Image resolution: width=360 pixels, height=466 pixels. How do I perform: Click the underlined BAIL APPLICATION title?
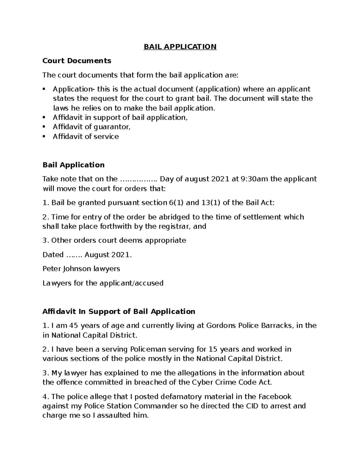[x=180, y=47]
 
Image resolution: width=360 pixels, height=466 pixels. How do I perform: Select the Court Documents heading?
[x=77, y=61]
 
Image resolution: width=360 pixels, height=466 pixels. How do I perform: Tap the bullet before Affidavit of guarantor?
[x=44, y=127]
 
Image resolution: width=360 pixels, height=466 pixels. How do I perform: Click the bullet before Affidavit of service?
[x=44, y=136]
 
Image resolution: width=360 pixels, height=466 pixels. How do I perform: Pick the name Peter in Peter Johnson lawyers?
[x=52, y=269]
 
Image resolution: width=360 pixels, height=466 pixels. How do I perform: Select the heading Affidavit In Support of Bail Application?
[x=119, y=311]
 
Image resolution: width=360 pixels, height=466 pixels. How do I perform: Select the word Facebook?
[x=275, y=397]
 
